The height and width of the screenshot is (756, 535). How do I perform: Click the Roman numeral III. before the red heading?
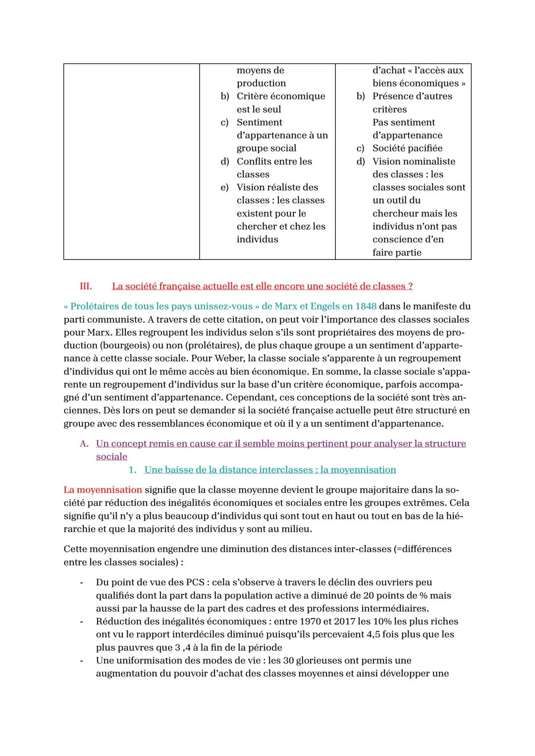pos(86,286)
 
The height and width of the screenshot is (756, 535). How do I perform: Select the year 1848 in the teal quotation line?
pos(366,306)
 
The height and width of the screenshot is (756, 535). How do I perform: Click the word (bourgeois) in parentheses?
pos(122,346)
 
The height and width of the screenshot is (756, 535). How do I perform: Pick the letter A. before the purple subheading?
pos(84,444)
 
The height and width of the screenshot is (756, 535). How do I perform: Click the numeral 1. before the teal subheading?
pos(132,470)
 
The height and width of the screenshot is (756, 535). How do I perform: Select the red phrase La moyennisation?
pos(103,490)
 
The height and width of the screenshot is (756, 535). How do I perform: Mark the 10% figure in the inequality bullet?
pos(387,622)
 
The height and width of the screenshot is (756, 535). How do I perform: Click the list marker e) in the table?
pos(224,188)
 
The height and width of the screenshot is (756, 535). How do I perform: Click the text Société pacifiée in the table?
pos(407,149)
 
